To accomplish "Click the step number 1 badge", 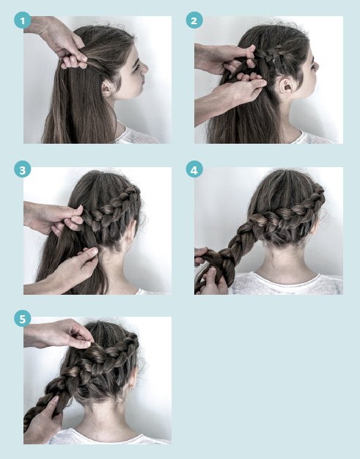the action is point(22,21).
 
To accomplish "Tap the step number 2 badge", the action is point(194,21).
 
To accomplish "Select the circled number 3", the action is point(22,169).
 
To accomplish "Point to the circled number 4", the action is point(194,169).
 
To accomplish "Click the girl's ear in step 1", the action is point(106,88).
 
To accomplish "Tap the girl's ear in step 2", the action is point(285,87).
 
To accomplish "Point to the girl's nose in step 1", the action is point(144,69).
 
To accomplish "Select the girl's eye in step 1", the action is point(136,67).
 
